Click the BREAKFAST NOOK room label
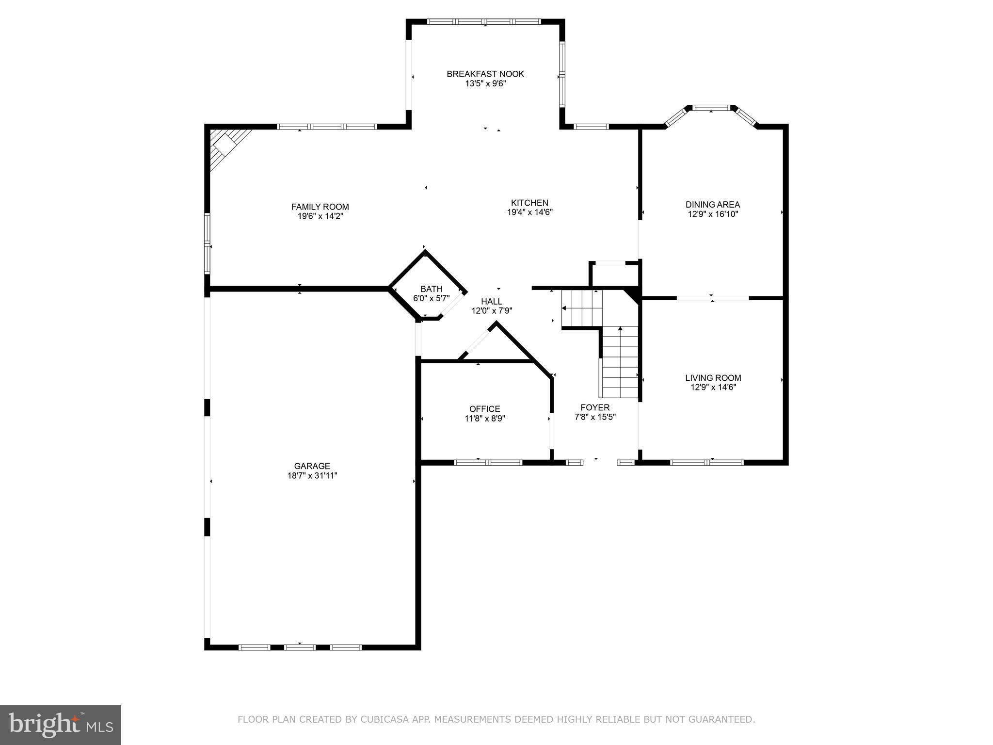coord(485,74)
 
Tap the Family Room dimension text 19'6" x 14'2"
coord(320,216)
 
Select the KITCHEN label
coord(529,203)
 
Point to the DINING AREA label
coord(712,205)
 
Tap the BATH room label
coord(431,289)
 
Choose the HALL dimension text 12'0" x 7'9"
coord(492,311)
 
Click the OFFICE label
coord(484,409)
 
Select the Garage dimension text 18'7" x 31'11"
coord(312,476)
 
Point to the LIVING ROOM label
coord(713,378)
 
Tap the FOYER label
coord(595,407)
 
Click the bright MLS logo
coord(61,725)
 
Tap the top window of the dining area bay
coord(711,108)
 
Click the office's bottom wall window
coord(488,462)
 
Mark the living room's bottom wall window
coord(706,462)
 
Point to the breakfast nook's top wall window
coord(484,22)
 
